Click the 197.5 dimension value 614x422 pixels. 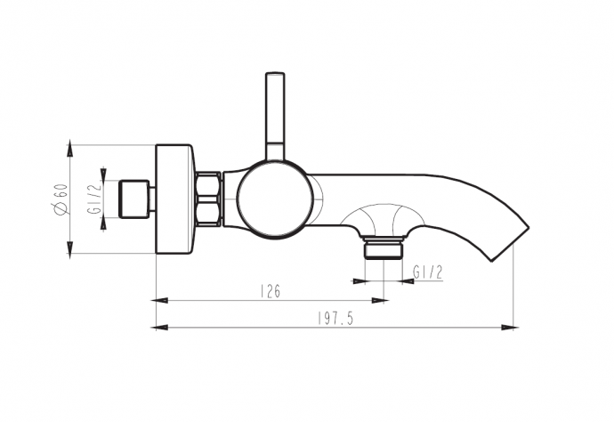[x=335, y=319]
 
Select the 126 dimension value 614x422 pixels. [x=271, y=291]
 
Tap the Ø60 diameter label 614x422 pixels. [x=62, y=199]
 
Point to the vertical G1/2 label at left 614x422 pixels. [x=94, y=199]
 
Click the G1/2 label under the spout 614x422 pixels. [x=428, y=272]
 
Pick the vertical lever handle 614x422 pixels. [x=275, y=117]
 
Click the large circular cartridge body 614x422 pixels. [x=275, y=199]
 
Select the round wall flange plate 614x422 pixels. [x=174, y=199]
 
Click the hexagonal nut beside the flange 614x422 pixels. [x=208, y=199]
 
